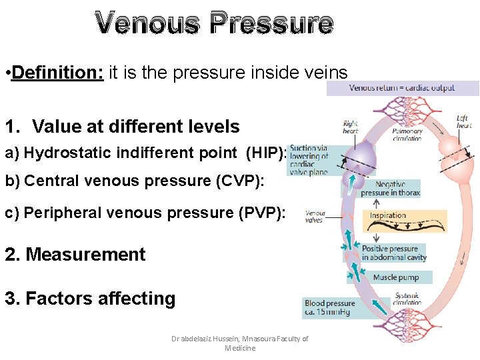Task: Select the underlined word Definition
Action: (57, 72)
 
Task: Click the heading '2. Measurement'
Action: (75, 255)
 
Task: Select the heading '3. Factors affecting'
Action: (90, 299)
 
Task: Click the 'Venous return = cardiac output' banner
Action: (401, 87)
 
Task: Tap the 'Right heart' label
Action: (351, 127)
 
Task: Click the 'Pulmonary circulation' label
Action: (407, 135)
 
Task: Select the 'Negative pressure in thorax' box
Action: (390, 189)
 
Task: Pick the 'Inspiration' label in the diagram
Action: (388, 215)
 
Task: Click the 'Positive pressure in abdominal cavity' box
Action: (393, 253)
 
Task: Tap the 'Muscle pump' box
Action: (395, 277)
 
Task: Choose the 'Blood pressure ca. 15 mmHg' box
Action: (329, 307)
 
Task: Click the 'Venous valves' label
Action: (315, 217)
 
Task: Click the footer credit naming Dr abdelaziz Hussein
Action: (239, 343)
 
